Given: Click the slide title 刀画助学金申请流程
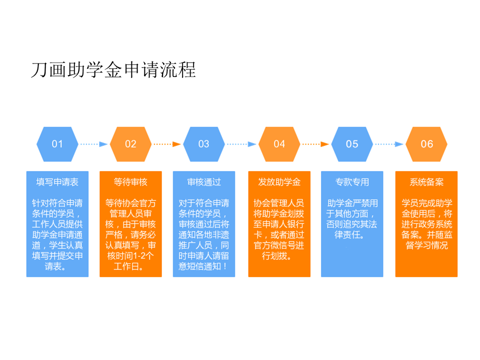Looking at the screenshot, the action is click(113, 70).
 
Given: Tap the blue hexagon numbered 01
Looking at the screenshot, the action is click(57, 144).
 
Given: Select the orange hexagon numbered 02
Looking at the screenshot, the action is click(130, 144).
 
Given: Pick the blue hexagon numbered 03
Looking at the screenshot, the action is click(204, 144).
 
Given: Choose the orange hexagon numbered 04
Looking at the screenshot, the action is click(279, 144).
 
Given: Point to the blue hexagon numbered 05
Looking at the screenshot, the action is click(352, 144).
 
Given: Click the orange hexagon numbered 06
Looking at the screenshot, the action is click(426, 144).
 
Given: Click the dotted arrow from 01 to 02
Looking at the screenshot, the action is click(94, 144).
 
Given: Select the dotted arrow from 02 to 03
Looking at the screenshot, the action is click(167, 144).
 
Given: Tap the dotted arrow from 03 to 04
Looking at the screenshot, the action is click(241, 144).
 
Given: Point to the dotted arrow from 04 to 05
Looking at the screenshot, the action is click(315, 144).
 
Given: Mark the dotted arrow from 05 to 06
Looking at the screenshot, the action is click(389, 144).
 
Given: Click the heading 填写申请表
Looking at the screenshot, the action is click(57, 182).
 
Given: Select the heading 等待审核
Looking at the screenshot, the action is click(130, 182).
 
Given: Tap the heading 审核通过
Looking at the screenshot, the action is click(204, 182).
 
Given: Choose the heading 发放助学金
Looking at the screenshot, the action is click(279, 182).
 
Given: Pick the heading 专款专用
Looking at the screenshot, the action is click(352, 182).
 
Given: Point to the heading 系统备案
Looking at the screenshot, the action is click(426, 182).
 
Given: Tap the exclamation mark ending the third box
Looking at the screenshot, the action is click(225, 266).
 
